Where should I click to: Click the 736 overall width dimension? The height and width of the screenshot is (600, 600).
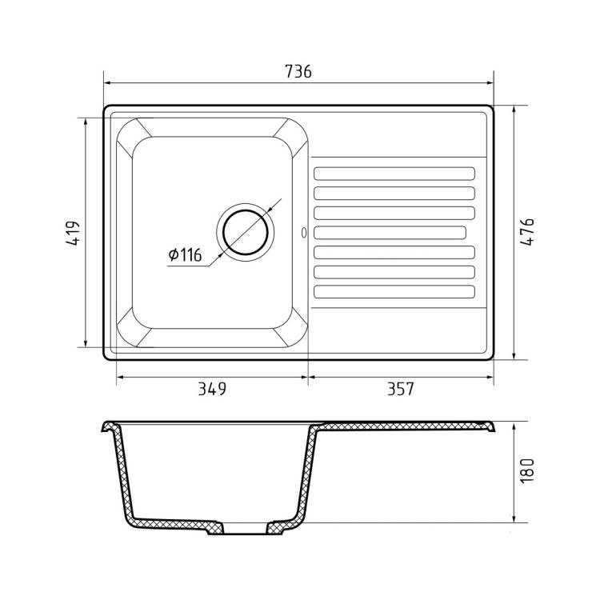298,71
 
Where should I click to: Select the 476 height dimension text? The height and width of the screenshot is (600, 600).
527,232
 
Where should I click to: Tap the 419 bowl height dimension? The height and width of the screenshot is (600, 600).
73,233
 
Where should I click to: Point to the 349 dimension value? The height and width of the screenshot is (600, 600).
212,389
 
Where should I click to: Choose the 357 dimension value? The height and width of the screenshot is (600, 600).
401,389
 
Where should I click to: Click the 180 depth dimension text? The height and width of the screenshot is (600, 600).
527,470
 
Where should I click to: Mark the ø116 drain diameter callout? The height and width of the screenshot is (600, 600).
186,255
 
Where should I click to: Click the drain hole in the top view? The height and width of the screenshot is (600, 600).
246,233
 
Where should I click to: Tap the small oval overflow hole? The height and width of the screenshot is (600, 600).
304,233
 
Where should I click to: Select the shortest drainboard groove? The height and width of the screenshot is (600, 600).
390,233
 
